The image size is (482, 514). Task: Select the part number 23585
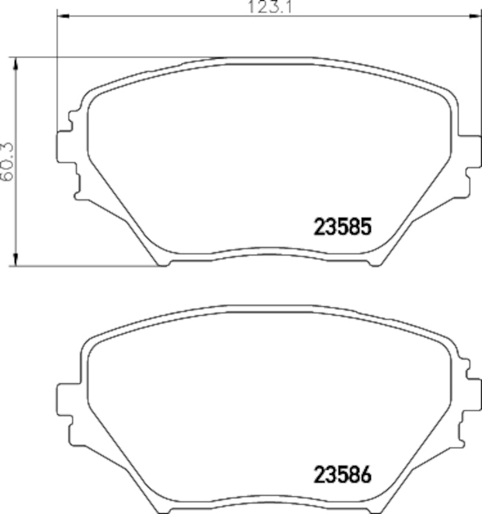tap(343, 227)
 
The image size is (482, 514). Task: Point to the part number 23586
tap(343, 476)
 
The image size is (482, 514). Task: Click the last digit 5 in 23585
tap(366, 227)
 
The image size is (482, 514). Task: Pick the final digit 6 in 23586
tap(366, 476)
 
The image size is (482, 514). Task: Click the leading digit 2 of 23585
tap(319, 227)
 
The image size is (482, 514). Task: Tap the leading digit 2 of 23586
tap(319, 476)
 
